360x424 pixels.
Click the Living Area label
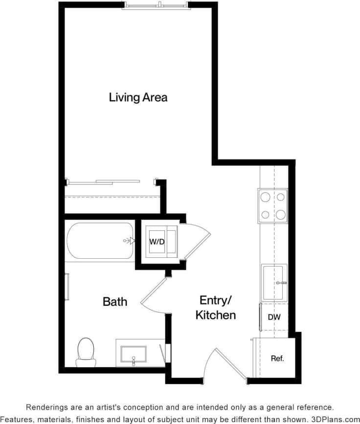pyautogui.click(x=138, y=97)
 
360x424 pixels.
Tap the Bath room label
pyautogui.click(x=115, y=301)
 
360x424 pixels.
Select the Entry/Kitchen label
pyautogui.click(x=215, y=307)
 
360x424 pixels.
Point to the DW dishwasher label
pyautogui.click(x=274, y=317)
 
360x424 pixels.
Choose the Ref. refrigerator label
pyautogui.click(x=277, y=358)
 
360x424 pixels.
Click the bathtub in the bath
pyautogui.click(x=100, y=241)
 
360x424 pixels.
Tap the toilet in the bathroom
pyautogui.click(x=86, y=352)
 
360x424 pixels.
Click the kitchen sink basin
pyautogui.click(x=274, y=283)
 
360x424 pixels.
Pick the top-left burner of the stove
pyautogui.click(x=266, y=197)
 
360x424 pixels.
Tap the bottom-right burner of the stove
pyautogui.click(x=280, y=214)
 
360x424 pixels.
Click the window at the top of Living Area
pyautogui.click(x=155, y=5)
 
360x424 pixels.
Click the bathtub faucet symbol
pyautogui.click(x=129, y=241)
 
